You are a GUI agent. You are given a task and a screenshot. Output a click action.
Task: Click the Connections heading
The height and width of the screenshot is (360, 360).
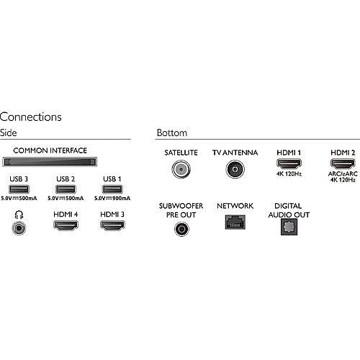click(x=31, y=117)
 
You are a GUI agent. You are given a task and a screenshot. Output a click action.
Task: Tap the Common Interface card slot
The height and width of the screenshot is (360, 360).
click(x=50, y=162)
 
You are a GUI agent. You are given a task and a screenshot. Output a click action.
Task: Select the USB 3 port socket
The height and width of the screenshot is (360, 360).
click(x=19, y=189)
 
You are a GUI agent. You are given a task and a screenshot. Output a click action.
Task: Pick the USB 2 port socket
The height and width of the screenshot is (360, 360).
click(x=66, y=189)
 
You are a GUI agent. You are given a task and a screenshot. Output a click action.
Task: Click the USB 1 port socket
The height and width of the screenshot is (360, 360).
click(x=112, y=189)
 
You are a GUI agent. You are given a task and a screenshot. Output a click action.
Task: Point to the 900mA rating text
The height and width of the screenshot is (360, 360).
click(x=122, y=198)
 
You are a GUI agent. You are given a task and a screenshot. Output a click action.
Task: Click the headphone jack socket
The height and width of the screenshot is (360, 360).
click(x=19, y=228)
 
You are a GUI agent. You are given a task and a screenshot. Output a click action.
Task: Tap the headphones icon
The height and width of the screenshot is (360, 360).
click(x=19, y=215)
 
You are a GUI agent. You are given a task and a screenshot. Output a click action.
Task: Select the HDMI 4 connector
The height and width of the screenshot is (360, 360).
click(x=66, y=225)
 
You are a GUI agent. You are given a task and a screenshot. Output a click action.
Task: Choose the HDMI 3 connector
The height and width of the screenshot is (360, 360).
click(x=112, y=225)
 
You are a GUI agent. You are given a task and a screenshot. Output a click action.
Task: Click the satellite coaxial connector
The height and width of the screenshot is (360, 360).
click(x=181, y=169)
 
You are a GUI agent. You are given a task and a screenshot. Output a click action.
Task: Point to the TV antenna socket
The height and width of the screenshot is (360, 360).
click(x=235, y=169)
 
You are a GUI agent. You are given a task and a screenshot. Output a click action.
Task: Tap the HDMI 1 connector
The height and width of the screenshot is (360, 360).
click(x=289, y=164)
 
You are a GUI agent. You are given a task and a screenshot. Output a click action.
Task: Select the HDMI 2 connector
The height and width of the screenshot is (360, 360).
click(x=343, y=164)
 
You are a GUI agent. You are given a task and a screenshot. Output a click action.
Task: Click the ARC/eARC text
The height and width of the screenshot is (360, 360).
click(x=343, y=174)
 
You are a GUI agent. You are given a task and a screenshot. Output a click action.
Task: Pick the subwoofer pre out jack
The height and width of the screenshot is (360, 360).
click(x=181, y=229)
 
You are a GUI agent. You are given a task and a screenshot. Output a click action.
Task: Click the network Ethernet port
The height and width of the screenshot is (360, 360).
click(x=235, y=222)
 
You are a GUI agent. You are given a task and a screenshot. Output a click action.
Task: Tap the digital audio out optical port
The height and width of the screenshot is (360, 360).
click(x=289, y=227)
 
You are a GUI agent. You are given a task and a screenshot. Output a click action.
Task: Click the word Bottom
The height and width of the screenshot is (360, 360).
click(x=172, y=132)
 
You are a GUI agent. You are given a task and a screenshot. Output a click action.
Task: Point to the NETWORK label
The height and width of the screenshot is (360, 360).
click(x=235, y=206)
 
